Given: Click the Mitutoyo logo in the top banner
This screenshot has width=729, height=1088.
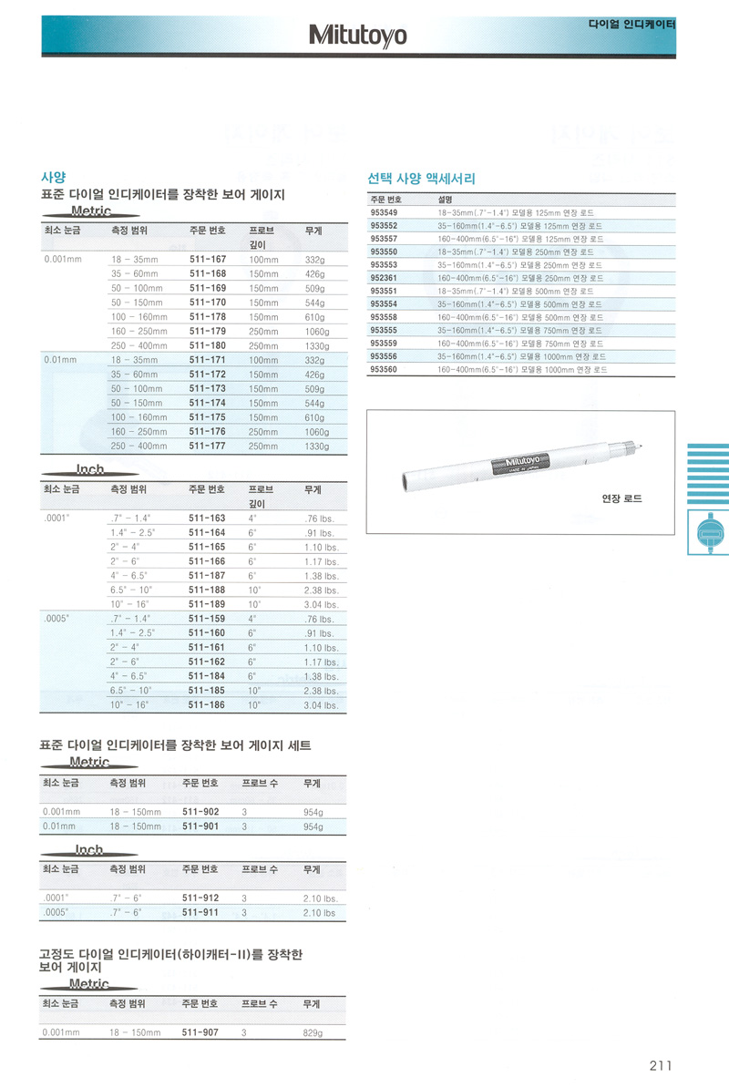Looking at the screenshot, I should click(358, 36).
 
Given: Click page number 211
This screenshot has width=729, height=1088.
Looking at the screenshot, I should click(661, 1066).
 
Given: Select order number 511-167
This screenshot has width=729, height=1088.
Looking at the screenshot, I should click(207, 260).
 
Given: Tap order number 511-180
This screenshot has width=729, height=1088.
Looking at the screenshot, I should click(207, 345).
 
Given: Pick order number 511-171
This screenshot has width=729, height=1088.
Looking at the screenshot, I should click(207, 360).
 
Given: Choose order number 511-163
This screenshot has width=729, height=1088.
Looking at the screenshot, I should click(207, 518).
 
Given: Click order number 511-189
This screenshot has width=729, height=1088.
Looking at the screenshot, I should click(207, 603).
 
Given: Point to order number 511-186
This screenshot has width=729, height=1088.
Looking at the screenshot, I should click(207, 704).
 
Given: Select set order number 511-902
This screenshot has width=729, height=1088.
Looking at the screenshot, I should click(200, 812).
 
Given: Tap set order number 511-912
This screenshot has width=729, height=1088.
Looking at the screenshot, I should click(200, 898).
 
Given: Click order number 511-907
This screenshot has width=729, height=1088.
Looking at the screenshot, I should click(200, 1032).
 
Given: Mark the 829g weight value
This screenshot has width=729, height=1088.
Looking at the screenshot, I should click(313, 1032).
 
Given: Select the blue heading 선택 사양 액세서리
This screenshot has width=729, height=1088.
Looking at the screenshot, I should click(421, 179).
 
